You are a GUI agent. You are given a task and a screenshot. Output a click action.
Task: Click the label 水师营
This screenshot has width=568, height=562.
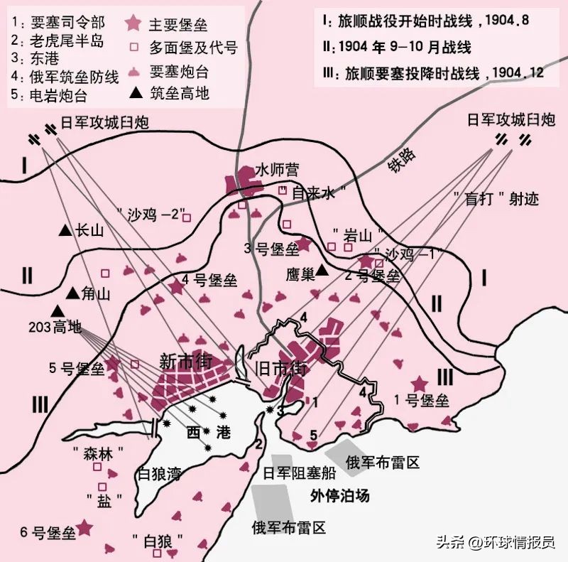pos(277,170)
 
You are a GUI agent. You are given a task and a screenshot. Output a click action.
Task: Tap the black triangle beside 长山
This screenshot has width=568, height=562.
pos(65,230)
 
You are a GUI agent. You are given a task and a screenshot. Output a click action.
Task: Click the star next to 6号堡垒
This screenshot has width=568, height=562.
pos(84,526)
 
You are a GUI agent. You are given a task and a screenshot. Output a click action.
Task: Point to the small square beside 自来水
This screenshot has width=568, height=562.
pos(283,190)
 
